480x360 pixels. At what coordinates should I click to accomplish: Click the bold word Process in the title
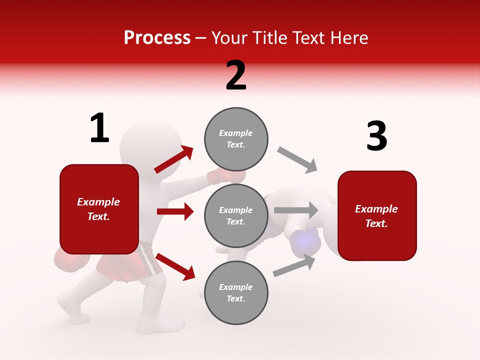[x=157, y=38]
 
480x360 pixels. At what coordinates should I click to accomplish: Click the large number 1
[x=99, y=128]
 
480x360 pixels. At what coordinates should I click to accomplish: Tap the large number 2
[x=236, y=75]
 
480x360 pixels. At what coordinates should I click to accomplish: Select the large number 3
[x=376, y=136]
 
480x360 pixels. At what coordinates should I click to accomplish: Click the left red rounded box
[x=99, y=209]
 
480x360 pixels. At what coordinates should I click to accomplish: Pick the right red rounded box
[x=377, y=216]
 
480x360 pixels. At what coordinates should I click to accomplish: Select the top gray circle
[x=236, y=139]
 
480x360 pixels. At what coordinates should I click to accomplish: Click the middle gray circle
[x=236, y=216]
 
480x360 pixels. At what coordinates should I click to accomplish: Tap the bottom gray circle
[x=236, y=293]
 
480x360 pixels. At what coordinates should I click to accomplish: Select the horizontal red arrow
[x=175, y=211]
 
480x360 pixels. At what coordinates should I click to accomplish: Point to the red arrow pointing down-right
[x=175, y=266]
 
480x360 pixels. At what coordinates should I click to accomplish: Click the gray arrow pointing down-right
[x=297, y=159]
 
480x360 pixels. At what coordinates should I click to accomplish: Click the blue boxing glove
[x=305, y=242]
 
